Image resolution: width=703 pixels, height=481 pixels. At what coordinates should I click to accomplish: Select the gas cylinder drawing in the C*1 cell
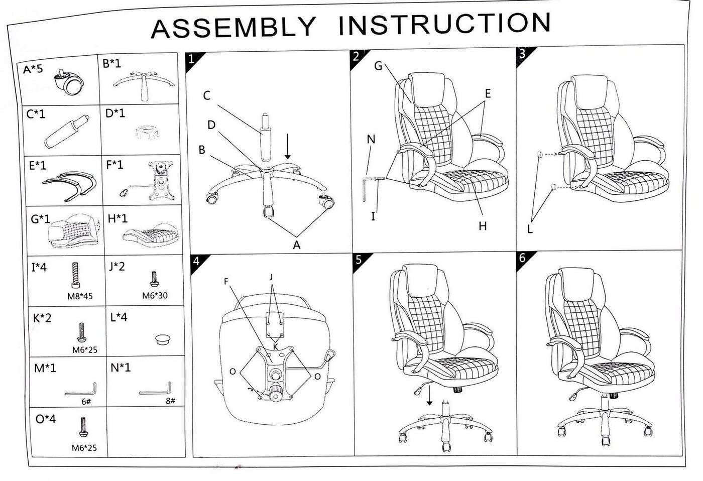[x=66, y=132]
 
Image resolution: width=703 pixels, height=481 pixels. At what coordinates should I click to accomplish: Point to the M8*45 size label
[x=80, y=296]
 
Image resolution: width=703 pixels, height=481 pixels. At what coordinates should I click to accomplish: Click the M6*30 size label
[x=155, y=296]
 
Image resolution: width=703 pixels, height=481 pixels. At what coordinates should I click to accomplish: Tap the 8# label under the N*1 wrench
[x=170, y=401]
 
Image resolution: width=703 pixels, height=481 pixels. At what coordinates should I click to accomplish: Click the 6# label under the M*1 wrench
[x=86, y=402]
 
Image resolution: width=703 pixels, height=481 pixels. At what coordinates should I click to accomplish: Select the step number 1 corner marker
[x=191, y=58]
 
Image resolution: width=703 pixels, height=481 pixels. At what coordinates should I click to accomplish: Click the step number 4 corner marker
[x=196, y=261]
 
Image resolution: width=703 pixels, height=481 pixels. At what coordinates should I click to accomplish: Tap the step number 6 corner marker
[x=522, y=258]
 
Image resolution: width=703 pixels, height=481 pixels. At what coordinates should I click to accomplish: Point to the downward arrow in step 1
[x=288, y=147]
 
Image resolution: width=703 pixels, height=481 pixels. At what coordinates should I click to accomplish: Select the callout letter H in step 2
[x=483, y=226]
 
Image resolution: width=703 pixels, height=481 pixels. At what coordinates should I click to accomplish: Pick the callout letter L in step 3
[x=530, y=229]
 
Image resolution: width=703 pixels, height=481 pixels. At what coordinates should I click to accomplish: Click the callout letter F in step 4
[x=226, y=282]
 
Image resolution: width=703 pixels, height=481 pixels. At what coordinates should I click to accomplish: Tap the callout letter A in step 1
[x=296, y=245]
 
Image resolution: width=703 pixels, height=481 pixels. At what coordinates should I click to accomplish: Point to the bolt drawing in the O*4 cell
[x=81, y=426]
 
